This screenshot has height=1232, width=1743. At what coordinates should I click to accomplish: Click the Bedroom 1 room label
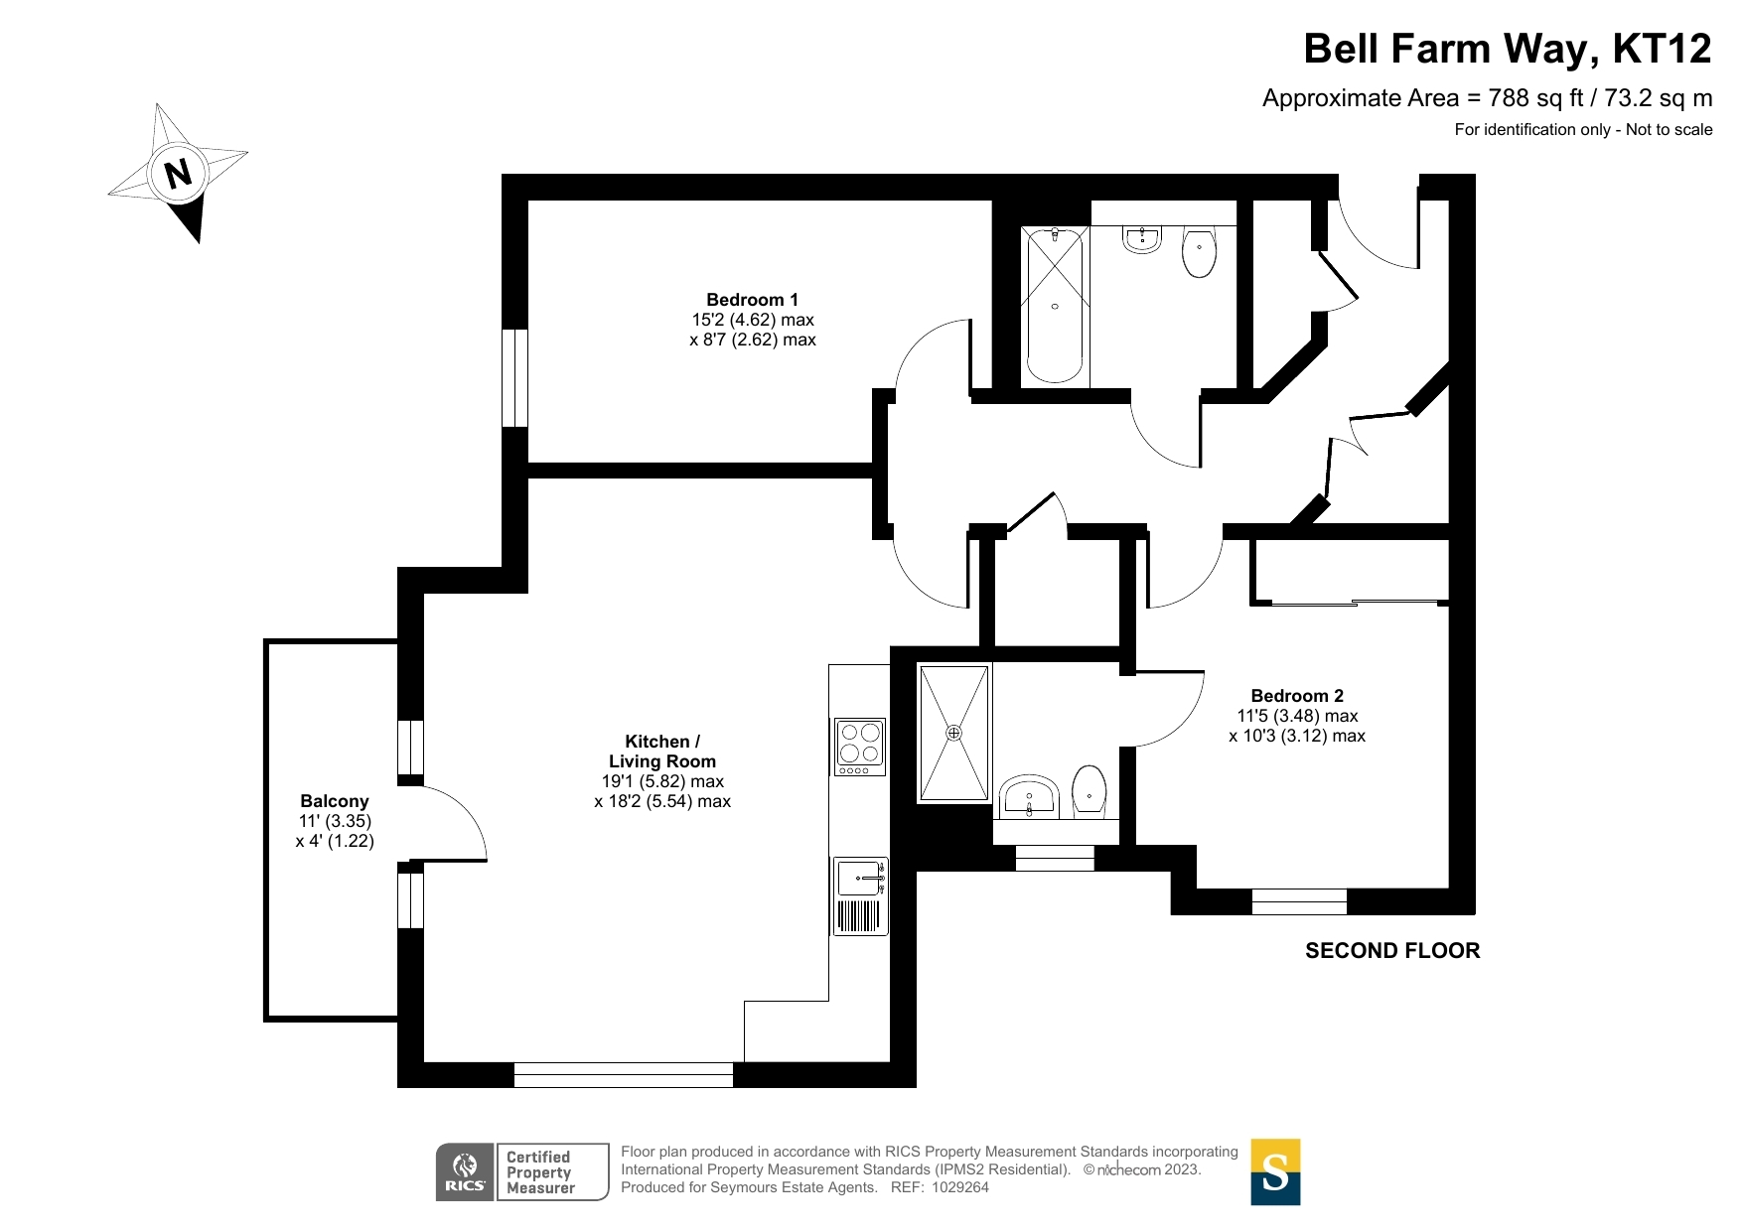pyautogui.click(x=752, y=300)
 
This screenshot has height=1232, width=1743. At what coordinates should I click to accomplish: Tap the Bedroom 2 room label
pyautogui.click(x=1297, y=696)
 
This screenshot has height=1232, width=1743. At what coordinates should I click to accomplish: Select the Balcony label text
pyautogui.click(x=335, y=801)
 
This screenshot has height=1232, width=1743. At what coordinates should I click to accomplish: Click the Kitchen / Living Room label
pyautogui.click(x=662, y=752)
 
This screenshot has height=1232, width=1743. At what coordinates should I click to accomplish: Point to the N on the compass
pyautogui.click(x=178, y=175)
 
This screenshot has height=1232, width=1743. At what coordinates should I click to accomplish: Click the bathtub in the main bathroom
pyautogui.click(x=1055, y=305)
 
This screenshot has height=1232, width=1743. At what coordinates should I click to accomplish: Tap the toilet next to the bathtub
pyautogui.click(x=1200, y=252)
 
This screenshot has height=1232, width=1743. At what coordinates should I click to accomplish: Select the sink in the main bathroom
pyautogui.click(x=1142, y=239)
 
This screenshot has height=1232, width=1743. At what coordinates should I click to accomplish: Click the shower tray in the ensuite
pyautogui.click(x=953, y=733)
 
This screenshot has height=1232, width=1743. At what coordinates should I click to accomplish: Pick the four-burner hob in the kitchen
pyautogui.click(x=860, y=747)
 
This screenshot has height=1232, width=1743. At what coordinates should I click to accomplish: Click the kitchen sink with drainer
pyautogui.click(x=861, y=895)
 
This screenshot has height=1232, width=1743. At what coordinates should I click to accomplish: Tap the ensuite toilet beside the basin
pyautogui.click(x=1089, y=791)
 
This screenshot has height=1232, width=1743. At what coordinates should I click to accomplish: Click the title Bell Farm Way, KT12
pyautogui.click(x=1508, y=49)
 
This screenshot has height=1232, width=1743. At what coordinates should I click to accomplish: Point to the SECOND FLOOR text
pyautogui.click(x=1392, y=951)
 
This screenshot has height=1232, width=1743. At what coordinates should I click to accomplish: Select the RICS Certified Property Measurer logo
pyautogui.click(x=522, y=1171)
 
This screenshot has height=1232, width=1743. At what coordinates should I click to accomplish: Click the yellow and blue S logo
pyautogui.click(x=1275, y=1171)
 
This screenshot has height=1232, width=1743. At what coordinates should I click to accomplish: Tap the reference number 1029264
pyautogui.click(x=959, y=1187)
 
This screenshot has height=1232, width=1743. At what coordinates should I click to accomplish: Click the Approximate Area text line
pyautogui.click(x=1487, y=98)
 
